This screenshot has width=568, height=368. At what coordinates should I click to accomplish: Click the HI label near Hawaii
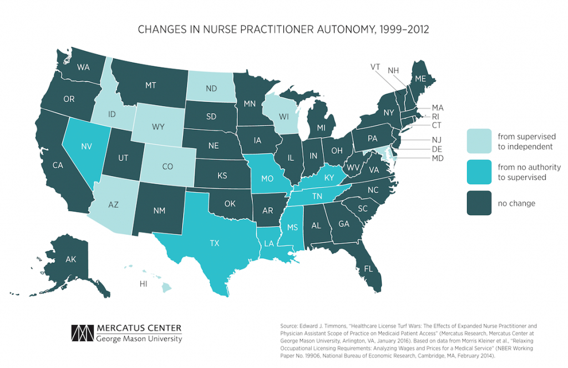[144, 284]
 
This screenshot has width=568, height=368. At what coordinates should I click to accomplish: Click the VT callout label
[376, 67]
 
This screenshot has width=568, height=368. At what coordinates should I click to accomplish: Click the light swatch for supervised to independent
[480, 141]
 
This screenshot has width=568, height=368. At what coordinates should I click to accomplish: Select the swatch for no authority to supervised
[480, 172]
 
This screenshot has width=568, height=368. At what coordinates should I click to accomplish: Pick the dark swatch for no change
[480, 203]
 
